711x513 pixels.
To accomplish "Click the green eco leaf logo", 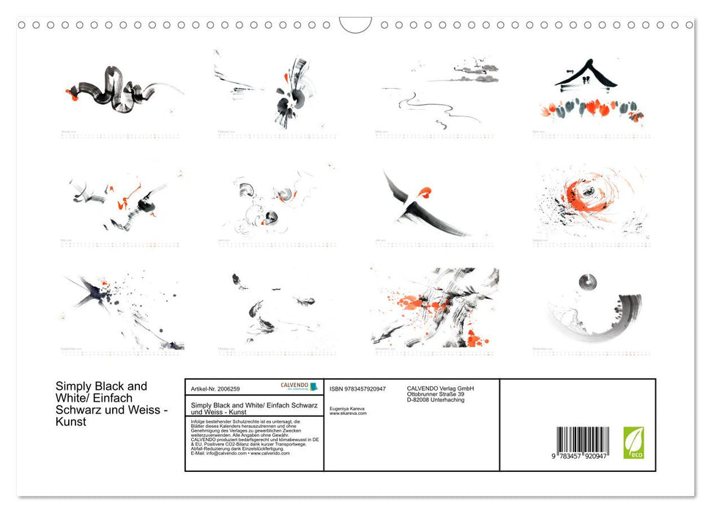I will (633, 442).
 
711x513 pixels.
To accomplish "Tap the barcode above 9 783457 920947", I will (583, 442).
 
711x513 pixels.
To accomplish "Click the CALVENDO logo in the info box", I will (299, 386).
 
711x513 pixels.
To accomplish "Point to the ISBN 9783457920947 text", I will (357, 388).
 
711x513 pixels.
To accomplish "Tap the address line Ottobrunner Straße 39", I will (435, 394).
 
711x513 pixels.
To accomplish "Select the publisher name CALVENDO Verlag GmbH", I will (440, 388).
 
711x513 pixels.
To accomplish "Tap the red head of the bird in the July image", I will (424, 193).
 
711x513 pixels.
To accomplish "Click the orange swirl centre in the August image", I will (587, 193).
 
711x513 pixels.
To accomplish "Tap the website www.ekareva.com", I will (348, 413).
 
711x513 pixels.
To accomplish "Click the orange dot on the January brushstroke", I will (70, 93).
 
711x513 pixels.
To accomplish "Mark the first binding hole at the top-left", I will (21, 25).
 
